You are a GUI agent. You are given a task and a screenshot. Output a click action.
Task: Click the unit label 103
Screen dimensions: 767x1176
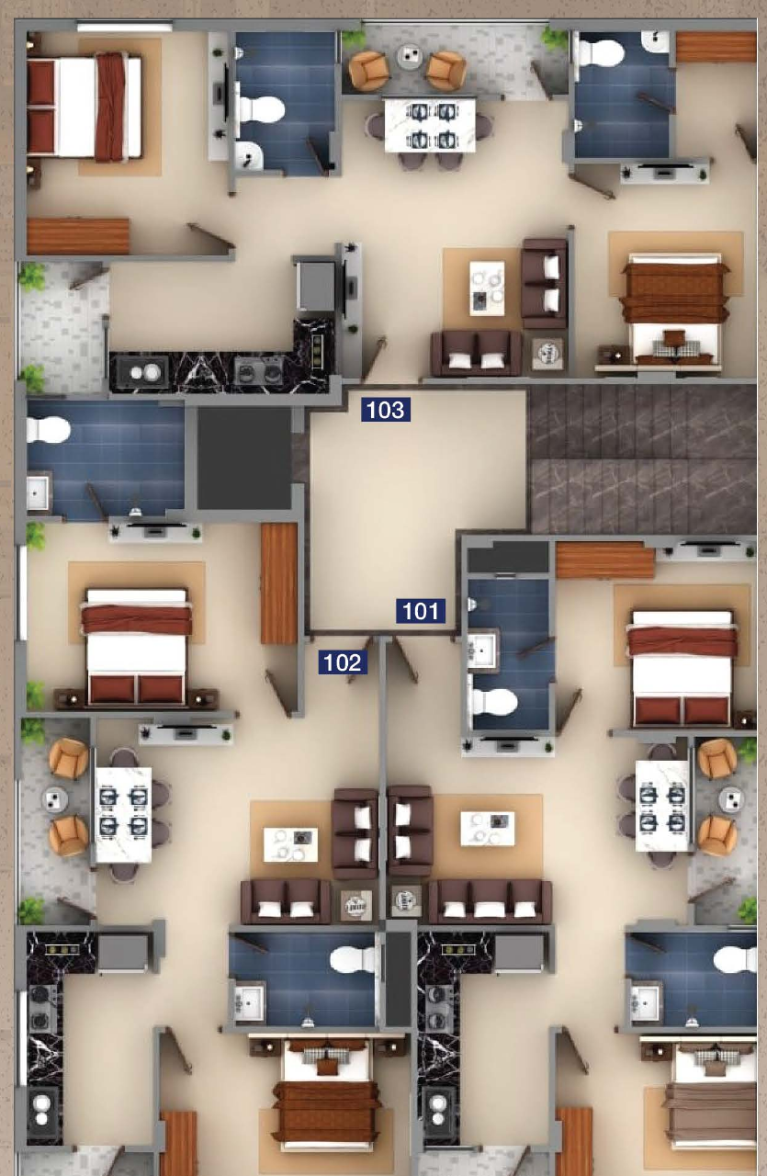386,410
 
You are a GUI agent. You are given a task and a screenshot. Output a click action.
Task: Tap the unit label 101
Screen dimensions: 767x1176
421,611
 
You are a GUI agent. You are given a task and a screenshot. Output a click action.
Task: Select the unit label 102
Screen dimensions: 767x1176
343,662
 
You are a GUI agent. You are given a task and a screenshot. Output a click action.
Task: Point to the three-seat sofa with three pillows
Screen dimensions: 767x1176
490,901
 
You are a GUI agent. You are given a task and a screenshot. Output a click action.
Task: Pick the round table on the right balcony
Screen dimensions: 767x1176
732,799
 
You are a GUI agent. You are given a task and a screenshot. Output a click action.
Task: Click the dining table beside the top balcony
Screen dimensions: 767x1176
430,125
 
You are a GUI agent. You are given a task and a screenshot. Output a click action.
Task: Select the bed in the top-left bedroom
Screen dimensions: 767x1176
85,107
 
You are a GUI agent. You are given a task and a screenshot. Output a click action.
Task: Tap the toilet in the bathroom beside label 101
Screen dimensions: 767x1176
494,701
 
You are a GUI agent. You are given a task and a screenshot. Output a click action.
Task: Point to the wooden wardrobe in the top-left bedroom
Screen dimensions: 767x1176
78,236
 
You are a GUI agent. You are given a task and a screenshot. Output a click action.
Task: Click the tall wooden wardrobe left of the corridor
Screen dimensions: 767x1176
278,583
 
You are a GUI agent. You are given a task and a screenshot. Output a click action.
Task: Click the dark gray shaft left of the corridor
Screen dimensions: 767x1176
244,458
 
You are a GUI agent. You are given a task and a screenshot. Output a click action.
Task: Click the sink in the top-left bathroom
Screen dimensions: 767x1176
249,154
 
